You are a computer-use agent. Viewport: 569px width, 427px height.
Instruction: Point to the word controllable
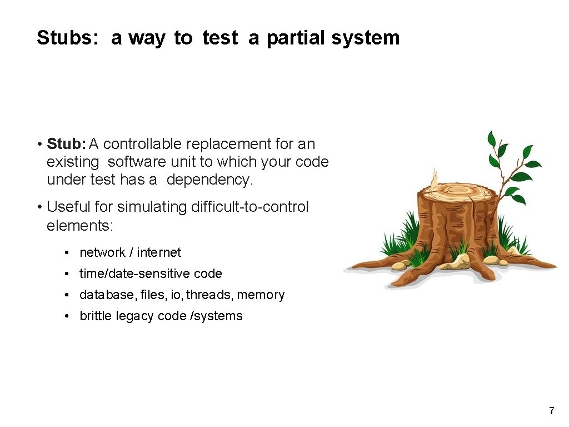click(143, 144)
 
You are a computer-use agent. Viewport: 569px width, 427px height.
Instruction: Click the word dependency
click(209, 180)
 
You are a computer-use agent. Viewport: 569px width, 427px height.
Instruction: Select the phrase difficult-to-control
click(249, 207)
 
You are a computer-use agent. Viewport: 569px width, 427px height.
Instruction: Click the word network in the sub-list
click(102, 252)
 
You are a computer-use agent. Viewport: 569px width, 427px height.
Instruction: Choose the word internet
click(159, 252)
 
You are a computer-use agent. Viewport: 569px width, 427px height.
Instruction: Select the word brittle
click(96, 316)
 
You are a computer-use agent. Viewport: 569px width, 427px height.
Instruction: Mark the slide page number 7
click(551, 411)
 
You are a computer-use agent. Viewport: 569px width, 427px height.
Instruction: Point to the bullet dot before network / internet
click(66, 253)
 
